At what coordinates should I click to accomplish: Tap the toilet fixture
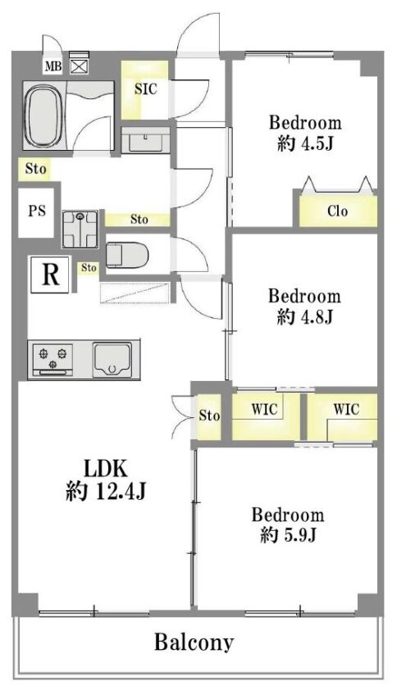pos(127,254)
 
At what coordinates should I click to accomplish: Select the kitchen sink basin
pos(112,360)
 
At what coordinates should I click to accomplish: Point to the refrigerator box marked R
pos(50,275)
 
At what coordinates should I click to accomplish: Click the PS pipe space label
pos(37,211)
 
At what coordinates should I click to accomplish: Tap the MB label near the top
pos(53,66)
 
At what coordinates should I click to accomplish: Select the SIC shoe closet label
pos(145,89)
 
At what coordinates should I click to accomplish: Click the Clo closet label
pos(337,211)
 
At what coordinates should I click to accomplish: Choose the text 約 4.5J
pos(304,143)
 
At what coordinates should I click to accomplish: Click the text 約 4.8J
pos(304,316)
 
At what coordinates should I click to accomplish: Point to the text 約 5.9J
pos(288,534)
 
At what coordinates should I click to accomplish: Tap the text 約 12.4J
pos(106,491)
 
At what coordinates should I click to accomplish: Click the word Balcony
pos(194,643)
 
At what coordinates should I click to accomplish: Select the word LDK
pos(106,469)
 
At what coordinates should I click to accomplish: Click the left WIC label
pos(264,409)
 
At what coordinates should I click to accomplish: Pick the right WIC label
pos(346,409)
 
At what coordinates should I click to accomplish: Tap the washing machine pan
pos(80,229)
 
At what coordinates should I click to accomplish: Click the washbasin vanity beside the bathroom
pos(145,140)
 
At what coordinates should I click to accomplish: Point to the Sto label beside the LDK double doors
pos(209,415)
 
